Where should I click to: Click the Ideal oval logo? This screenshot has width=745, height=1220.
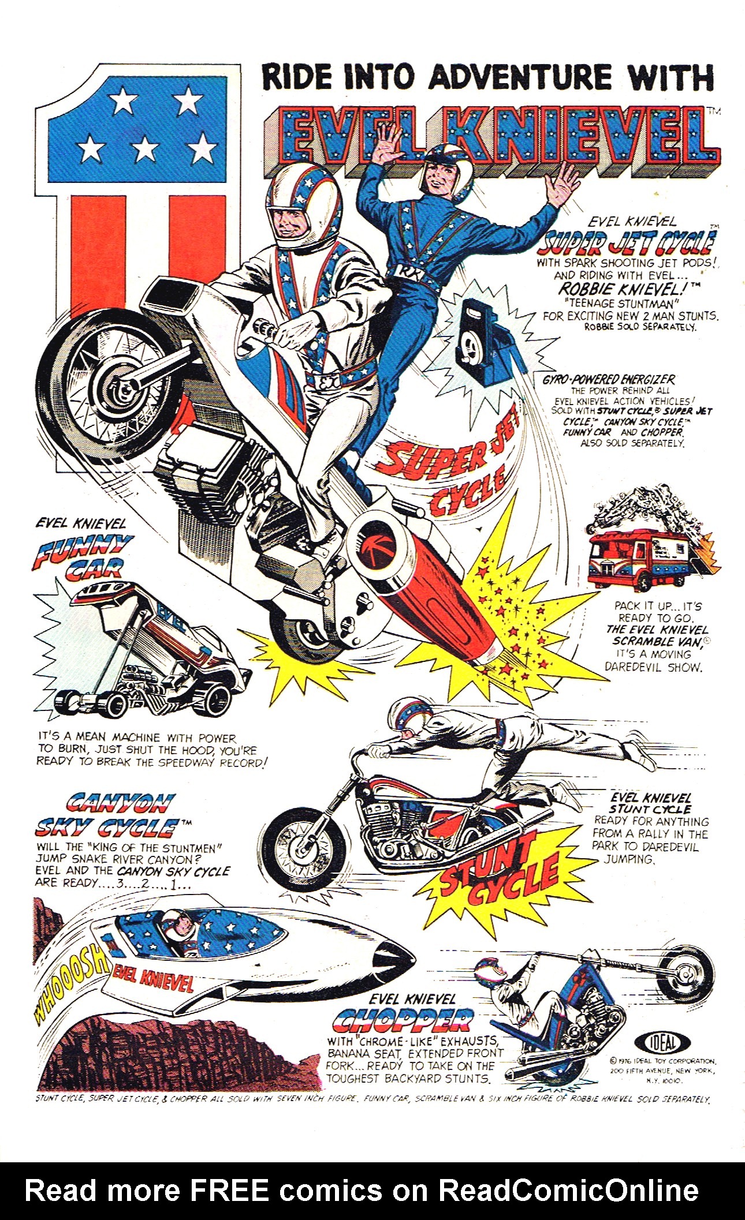[662, 1042]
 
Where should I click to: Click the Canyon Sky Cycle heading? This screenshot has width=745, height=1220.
[104, 815]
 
